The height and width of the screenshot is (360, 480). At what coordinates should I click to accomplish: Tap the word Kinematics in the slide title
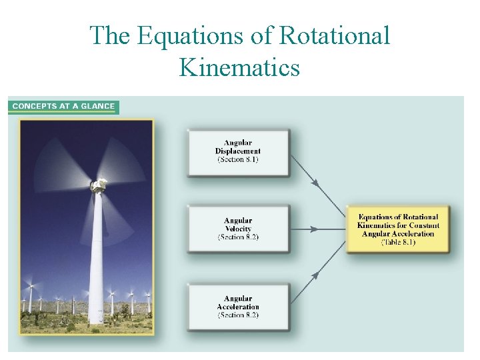coord(239,67)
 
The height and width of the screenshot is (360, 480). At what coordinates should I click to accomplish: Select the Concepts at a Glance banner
coord(63,106)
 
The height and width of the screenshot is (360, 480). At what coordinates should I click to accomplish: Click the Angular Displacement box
coord(238,153)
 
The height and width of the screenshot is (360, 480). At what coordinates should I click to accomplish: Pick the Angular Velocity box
coord(238,229)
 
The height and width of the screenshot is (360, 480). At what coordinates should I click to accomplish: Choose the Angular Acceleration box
coord(238,307)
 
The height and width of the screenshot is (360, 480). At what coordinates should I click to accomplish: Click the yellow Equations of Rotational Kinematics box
coord(398,229)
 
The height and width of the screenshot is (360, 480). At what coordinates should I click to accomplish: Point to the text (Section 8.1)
coord(238,160)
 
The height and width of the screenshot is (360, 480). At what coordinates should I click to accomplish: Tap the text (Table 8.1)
coord(398,243)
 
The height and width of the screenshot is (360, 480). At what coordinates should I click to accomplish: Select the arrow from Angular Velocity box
coord(318,229)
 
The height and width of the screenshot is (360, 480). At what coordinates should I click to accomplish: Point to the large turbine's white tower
coord(97,260)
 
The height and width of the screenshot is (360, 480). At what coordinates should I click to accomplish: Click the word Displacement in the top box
coord(238,151)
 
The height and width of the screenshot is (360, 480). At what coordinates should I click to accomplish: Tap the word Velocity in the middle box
coord(238,229)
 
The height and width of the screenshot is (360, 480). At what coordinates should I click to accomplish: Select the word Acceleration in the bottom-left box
coord(238,307)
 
